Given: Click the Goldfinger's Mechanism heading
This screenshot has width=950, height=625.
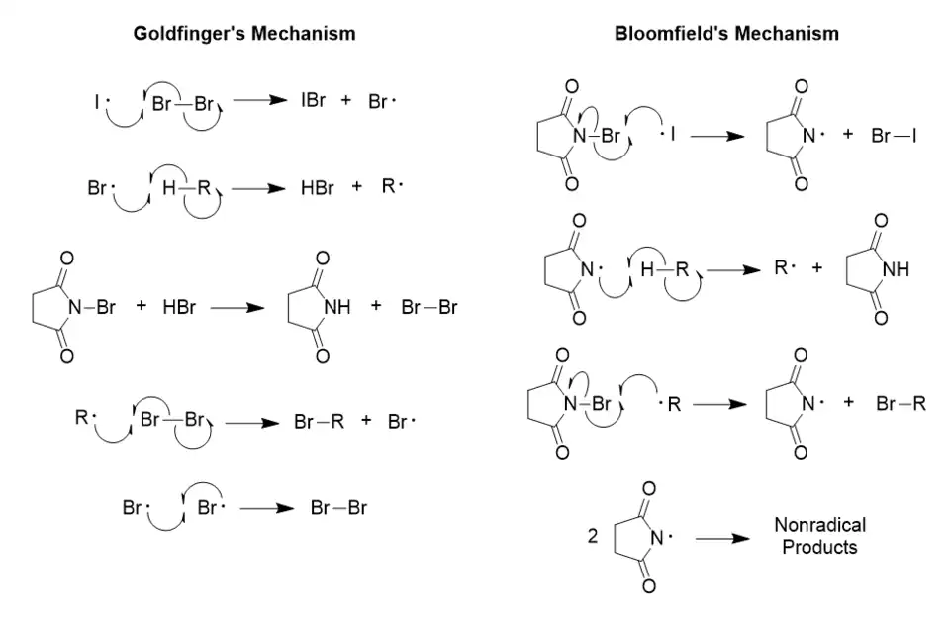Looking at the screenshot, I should click(244, 34).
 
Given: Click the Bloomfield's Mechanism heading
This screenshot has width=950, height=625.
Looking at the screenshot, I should click(726, 34).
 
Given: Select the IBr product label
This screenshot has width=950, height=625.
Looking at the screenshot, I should click(313, 101).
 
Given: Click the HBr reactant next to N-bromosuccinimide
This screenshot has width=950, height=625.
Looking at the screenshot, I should click(179, 307).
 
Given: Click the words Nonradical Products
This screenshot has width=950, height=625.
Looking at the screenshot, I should click(819, 535).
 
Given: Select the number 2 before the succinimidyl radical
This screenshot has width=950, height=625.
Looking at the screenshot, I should click(592, 537).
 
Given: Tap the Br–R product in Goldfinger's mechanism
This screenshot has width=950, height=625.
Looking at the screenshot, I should click(318, 422).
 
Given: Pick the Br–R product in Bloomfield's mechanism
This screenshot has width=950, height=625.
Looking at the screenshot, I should click(901, 403).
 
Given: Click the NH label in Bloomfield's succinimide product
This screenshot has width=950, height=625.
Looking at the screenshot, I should click(895, 269).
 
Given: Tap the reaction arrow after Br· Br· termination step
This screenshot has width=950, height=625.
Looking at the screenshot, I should click(267, 509).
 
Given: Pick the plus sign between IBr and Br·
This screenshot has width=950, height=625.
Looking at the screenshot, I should click(346, 101).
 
